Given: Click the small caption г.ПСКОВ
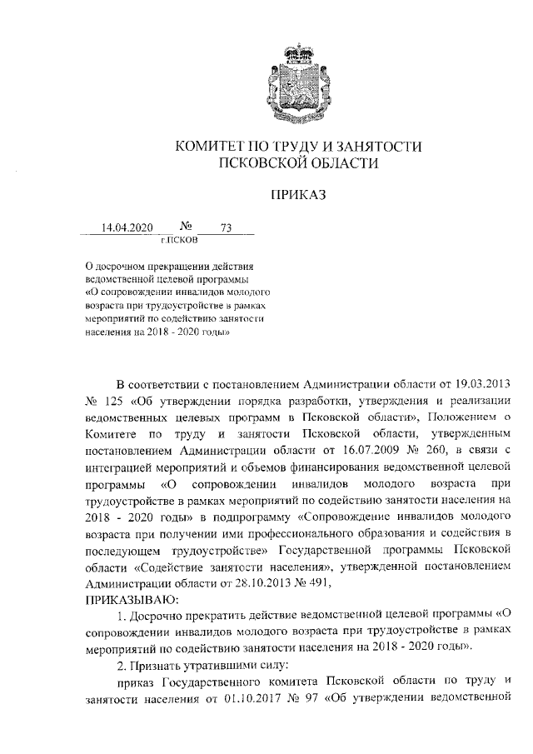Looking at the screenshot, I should [x=179, y=240].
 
